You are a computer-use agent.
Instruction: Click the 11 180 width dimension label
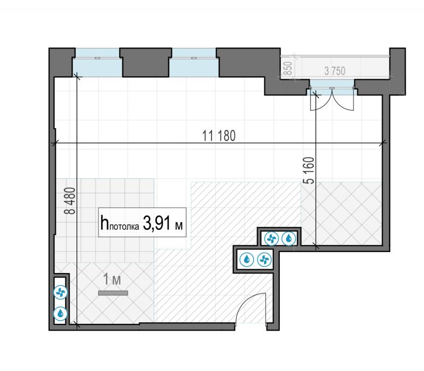(219, 136)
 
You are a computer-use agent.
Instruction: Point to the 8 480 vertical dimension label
(70, 201)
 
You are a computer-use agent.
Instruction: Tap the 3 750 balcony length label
(335, 71)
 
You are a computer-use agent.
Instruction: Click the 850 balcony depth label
(289, 68)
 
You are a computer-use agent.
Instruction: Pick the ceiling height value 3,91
(157, 223)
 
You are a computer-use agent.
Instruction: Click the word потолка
(124, 227)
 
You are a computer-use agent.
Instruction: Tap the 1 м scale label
(112, 279)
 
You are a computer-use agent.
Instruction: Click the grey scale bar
(113, 293)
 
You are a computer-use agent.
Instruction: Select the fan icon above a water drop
(60, 293)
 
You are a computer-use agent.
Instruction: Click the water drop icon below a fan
(60, 313)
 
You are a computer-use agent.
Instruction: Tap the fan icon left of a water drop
(271, 239)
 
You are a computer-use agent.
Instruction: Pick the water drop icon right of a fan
(289, 239)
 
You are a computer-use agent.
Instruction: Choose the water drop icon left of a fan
(246, 260)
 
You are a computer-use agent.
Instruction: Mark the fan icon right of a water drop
(264, 260)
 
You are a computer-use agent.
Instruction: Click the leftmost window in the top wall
(98, 62)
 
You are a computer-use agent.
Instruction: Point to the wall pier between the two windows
(146, 62)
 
